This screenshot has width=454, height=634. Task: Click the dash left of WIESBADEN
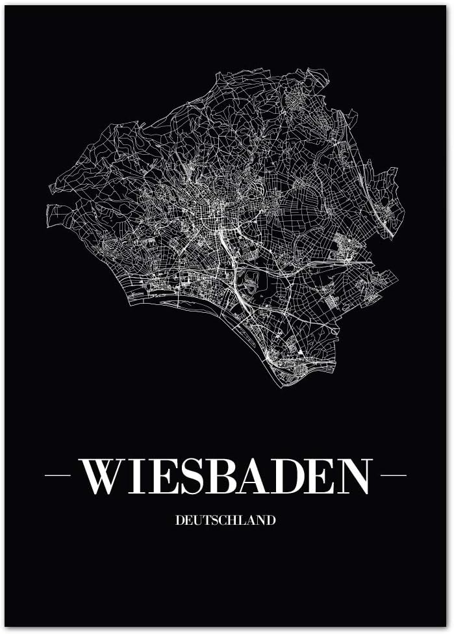[x=57, y=475]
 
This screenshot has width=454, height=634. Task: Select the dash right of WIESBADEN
[x=394, y=475]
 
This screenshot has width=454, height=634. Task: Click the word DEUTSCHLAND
[x=225, y=520]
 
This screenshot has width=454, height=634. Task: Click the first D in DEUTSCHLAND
[x=179, y=520]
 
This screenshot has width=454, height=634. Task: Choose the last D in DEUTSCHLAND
[x=271, y=520]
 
